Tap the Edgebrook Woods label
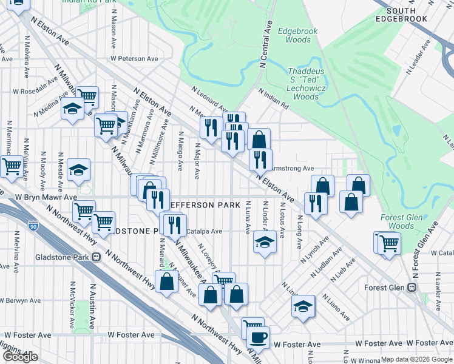pos(294,35)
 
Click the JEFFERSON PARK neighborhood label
pos(200,205)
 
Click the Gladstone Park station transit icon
pos(96,257)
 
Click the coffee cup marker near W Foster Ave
pos(259,337)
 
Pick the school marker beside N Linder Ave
pos(265,243)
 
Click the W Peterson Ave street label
pos(134,59)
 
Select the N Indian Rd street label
pos(273,99)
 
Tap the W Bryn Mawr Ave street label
pos(46,197)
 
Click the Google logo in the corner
pos(21,356)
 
